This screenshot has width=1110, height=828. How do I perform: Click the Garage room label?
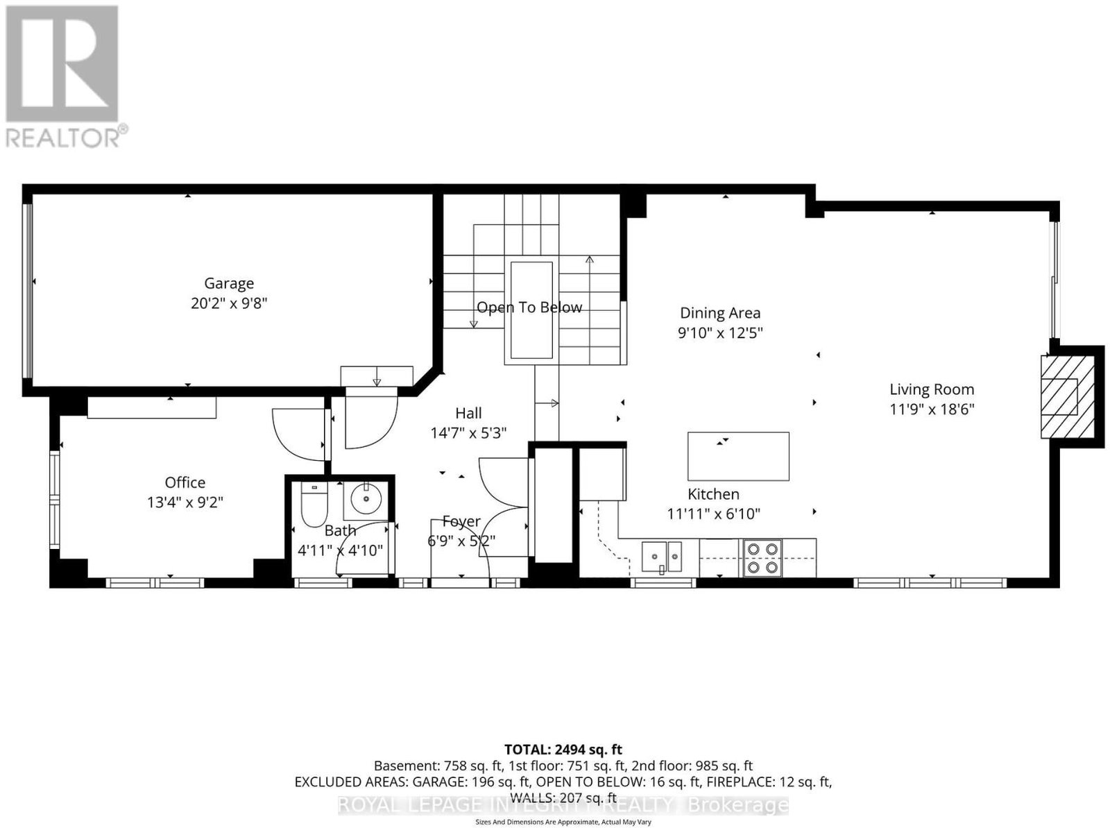point(228,283)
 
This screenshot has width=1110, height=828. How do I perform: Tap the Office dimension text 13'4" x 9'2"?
point(185,502)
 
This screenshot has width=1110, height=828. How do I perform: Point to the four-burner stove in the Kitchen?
point(762,559)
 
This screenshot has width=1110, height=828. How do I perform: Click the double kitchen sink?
point(661,557)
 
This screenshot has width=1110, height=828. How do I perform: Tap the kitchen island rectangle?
point(738,456)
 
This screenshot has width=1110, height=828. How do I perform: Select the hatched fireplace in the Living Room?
point(1067,396)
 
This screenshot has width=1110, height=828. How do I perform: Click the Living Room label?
point(932,389)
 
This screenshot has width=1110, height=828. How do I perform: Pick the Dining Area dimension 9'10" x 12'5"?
point(720,333)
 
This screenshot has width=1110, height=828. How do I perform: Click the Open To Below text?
point(529,307)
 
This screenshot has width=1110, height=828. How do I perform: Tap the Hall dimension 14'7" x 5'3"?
point(468,434)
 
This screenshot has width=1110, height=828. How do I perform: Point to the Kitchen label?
point(713,494)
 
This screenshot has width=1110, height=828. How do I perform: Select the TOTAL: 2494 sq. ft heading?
point(563,750)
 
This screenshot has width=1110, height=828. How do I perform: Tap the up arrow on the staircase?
point(589,310)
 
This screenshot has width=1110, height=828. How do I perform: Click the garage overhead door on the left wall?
point(28,290)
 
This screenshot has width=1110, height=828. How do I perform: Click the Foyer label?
point(461,521)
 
